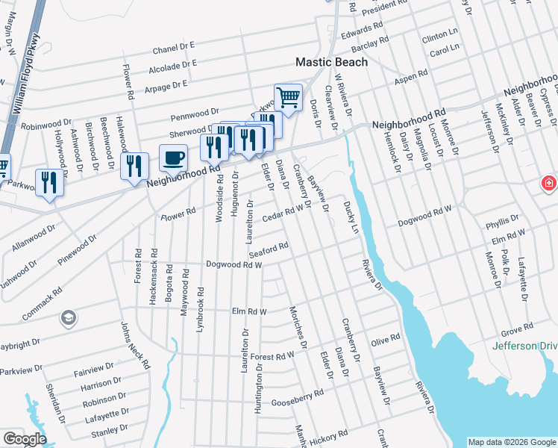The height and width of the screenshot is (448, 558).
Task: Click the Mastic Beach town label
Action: (331, 62)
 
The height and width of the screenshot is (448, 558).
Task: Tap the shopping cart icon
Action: (288, 96)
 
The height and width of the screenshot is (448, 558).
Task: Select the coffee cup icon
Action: (173, 158)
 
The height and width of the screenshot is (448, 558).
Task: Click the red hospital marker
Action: (550, 183)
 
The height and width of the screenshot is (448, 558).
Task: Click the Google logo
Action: (24, 439)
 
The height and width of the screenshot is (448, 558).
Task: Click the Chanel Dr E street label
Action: (173, 48)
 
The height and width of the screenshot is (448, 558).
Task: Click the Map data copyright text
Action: (511, 441)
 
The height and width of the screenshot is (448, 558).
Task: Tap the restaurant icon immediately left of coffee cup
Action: (134, 166)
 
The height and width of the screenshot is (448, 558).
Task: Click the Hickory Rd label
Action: (332, 435)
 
